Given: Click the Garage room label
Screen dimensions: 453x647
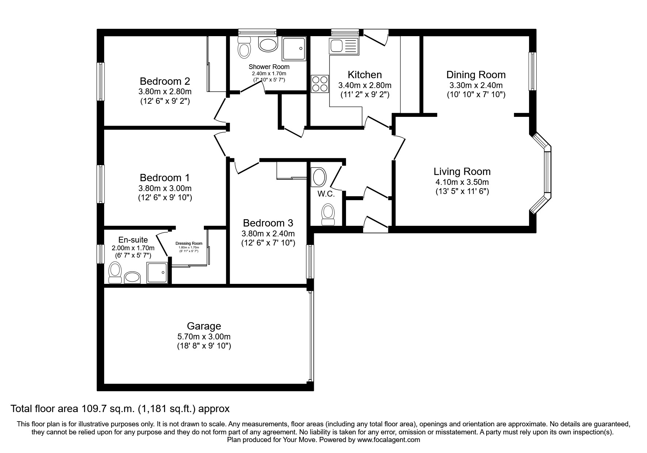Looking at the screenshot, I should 204,326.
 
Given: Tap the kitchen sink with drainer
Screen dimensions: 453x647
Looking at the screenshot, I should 344,47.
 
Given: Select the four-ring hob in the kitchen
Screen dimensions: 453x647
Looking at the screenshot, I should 320,84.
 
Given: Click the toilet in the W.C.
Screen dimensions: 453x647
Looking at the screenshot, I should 328,214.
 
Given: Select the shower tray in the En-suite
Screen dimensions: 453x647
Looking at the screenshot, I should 158,273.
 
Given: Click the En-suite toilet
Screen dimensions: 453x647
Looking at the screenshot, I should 115,273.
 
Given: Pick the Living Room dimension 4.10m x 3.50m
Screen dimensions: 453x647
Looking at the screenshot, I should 462,182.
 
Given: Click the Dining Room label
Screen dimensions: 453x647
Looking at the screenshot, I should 476,75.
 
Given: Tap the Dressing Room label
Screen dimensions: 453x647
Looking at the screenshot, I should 189,243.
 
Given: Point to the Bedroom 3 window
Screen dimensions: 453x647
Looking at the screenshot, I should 310,262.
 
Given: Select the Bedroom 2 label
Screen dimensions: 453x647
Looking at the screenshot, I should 165,81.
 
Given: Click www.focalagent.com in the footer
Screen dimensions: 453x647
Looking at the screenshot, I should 388,440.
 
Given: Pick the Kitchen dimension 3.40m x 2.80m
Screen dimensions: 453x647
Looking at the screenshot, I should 365,85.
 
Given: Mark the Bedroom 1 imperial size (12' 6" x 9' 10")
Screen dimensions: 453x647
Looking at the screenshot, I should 165,198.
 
